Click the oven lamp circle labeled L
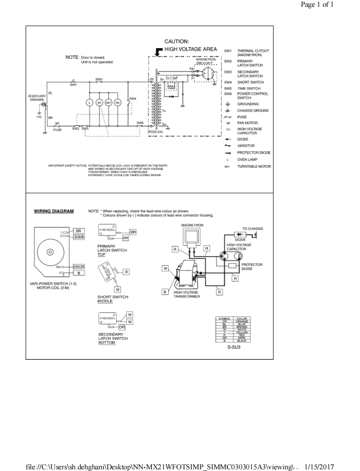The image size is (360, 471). (x=89, y=102)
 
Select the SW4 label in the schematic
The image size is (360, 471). (x=133, y=98)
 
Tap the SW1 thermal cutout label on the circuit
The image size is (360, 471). (x=73, y=85)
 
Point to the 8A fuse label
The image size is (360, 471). (x=57, y=123)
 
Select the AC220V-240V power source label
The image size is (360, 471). (x=37, y=96)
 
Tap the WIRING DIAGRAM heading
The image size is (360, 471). (x=54, y=211)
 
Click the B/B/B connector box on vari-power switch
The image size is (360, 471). (x=79, y=237)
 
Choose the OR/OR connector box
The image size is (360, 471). (x=79, y=267)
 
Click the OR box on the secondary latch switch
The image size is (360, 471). (x=122, y=327)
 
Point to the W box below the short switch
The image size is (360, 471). (x=117, y=289)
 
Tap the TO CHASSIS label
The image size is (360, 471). (x=253, y=229)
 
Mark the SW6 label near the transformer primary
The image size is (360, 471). (x=140, y=123)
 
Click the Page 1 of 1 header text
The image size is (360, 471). (x=317, y=5)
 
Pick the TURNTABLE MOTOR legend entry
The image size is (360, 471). (x=254, y=167)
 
